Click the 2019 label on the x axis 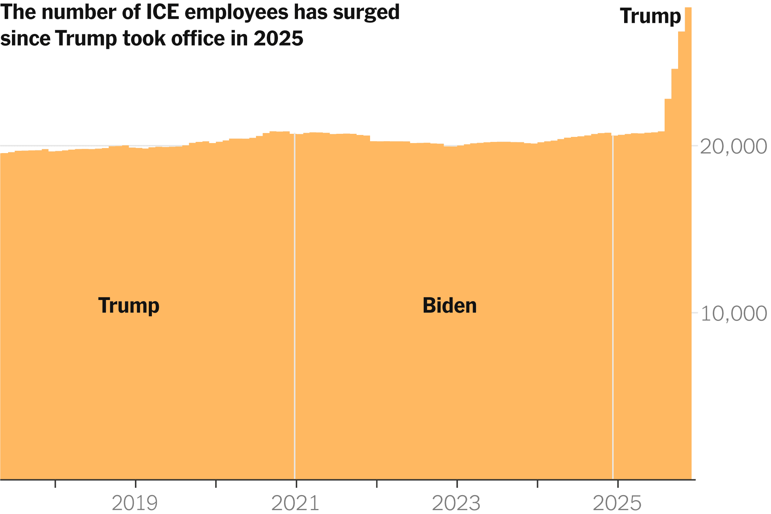pos(135,503)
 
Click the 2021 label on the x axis pos(295,503)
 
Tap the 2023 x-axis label pos(456,503)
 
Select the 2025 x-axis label pos(617,503)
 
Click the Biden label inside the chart pos(449,305)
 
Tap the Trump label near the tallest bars pos(650,16)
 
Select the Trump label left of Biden pos(129,305)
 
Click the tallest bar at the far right pos(688,231)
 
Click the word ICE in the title pos(162,12)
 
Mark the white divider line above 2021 pos(295,308)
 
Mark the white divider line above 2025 pos(613,308)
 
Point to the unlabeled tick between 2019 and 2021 pos(216,483)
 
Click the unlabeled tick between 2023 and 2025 pos(537,483)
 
